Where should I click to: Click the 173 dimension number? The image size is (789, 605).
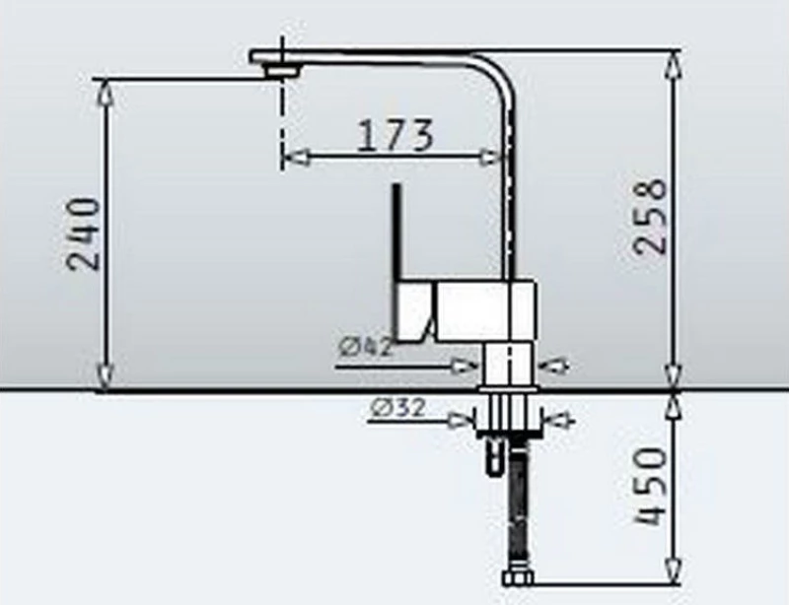[394, 135]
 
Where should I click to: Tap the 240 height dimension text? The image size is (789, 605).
[84, 234]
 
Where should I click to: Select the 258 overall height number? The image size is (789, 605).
[650, 217]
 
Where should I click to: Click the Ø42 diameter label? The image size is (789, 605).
[365, 347]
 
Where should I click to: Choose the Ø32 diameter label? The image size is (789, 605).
[397, 408]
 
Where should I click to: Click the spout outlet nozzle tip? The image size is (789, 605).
[283, 71]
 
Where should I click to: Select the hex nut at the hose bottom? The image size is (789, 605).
[517, 578]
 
